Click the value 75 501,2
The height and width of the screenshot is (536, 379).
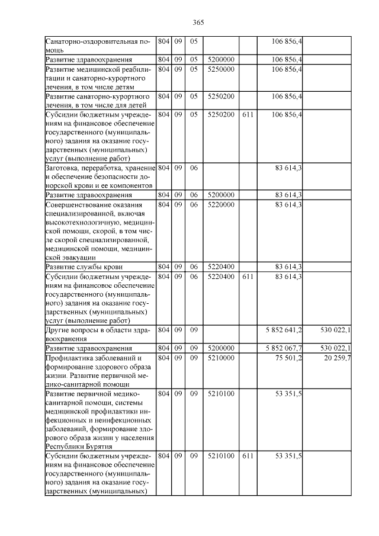[x=288, y=358]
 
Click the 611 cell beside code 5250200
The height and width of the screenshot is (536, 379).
[x=248, y=113]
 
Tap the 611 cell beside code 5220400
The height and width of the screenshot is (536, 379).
[x=248, y=277]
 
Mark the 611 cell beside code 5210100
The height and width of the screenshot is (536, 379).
[x=248, y=457]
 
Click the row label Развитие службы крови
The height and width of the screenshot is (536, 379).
[x=84, y=267]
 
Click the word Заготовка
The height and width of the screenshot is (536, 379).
[x=63, y=169]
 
